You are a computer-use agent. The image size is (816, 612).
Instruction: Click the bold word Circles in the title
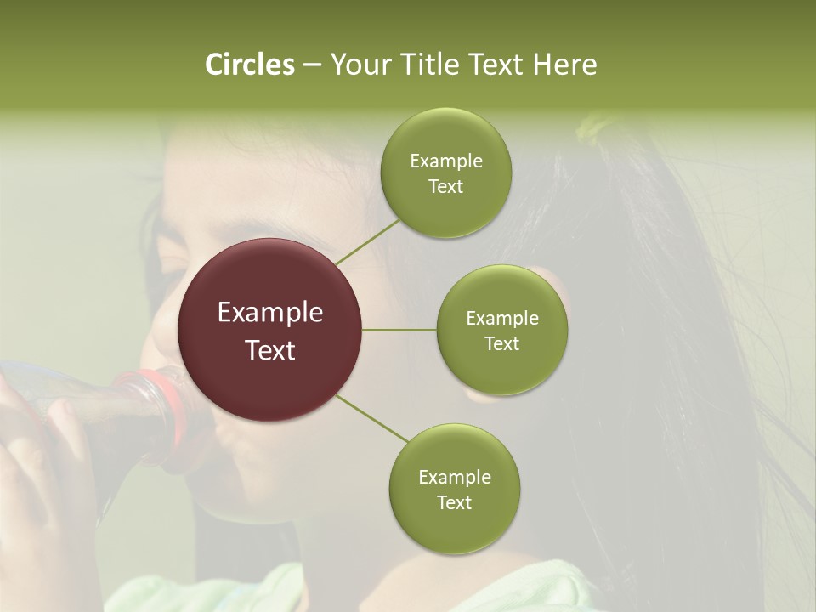pos(249,65)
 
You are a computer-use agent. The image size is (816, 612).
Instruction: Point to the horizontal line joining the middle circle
pos(399,330)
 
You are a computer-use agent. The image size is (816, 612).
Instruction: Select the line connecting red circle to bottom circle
pos(371,418)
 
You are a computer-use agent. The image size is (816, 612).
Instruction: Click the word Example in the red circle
pos(270,313)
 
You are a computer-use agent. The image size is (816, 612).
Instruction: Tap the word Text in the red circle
pos(270,350)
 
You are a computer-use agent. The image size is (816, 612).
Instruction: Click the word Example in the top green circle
pos(445,161)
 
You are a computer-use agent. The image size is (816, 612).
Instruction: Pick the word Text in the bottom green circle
pos(454,502)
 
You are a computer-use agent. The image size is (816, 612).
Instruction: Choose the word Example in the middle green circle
pos(501,319)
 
